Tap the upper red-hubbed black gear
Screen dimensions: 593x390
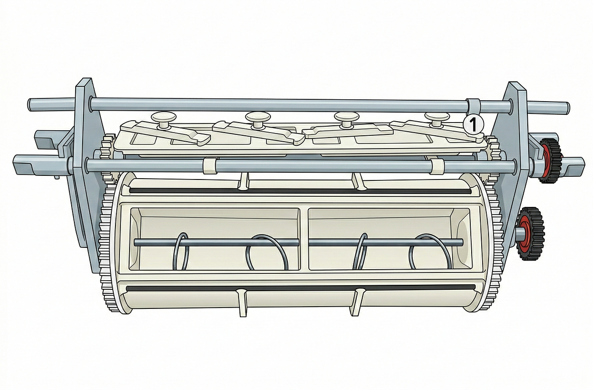(x=550, y=160)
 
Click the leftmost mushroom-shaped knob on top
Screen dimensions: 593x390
(x=164, y=120)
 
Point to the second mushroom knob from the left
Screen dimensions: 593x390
(x=258, y=119)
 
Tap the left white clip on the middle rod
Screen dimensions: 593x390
(x=210, y=166)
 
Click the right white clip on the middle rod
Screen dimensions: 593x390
(x=437, y=166)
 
